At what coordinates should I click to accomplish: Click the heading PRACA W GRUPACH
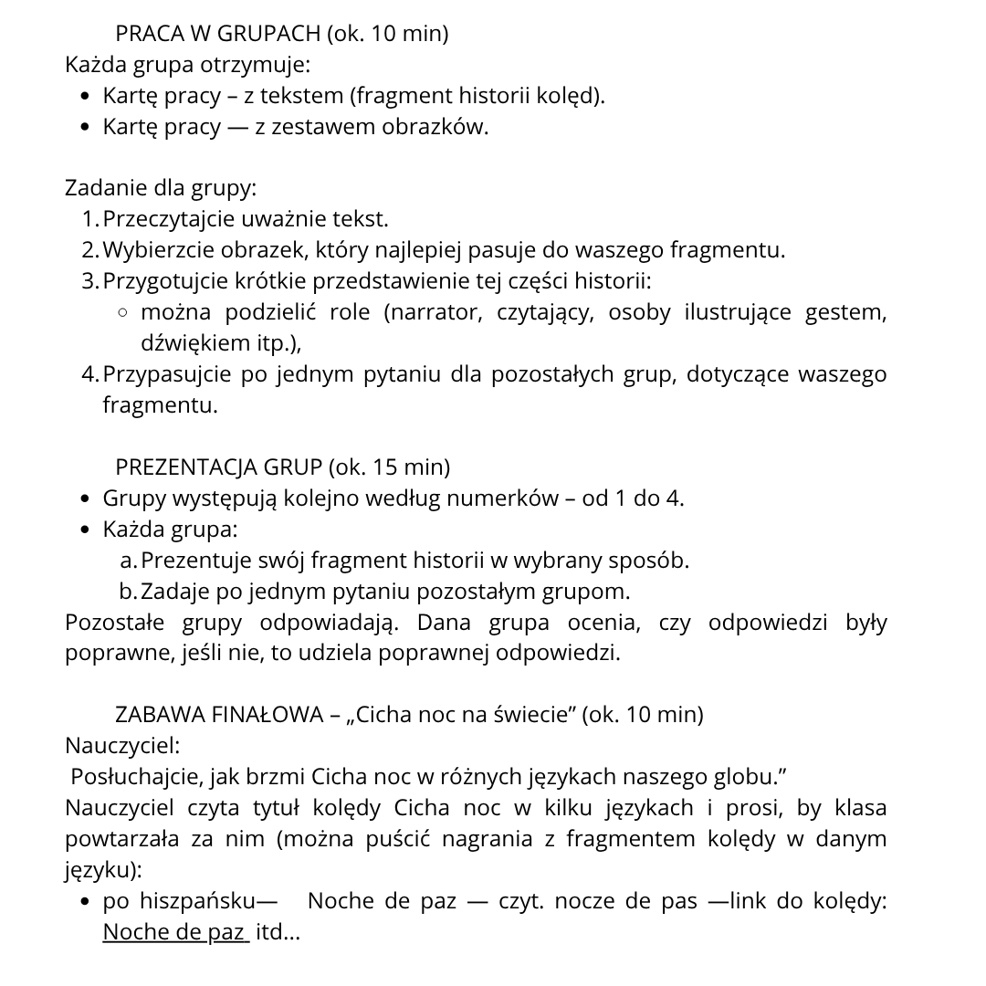[218, 34]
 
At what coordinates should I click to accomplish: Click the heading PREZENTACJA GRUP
[218, 467]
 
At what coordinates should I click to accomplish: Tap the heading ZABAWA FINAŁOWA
[218, 715]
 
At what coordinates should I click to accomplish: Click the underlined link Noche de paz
[174, 933]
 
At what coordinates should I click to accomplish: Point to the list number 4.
[89, 374]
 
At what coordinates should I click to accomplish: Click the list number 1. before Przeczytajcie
[89, 219]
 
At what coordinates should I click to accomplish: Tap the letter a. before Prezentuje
[129, 561]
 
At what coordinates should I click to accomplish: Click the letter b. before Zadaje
[129, 592]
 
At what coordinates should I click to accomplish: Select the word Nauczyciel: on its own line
[122, 746]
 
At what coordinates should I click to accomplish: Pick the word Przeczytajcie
[169, 219]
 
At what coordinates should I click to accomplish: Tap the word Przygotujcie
[162, 281]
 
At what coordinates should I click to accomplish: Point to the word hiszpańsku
[197, 902]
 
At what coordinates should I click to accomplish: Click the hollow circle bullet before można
[122, 313]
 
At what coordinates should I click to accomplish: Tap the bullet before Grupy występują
[85, 499]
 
